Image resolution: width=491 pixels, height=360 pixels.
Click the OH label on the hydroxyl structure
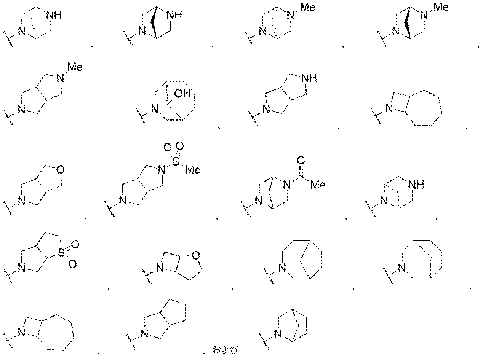coord(182,93)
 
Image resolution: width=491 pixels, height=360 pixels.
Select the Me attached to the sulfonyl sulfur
coord(192,170)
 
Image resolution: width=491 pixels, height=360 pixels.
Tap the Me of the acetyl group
coord(318,185)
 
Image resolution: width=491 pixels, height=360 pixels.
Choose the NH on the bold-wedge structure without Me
coord(175,15)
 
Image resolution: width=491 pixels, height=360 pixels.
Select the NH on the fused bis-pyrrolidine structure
coord(309,78)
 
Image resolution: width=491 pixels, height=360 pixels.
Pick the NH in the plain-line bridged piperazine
coord(416,185)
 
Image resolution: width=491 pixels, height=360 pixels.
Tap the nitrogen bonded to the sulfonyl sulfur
coord(162,170)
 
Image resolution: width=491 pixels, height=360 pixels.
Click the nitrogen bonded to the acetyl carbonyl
coord(287,185)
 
